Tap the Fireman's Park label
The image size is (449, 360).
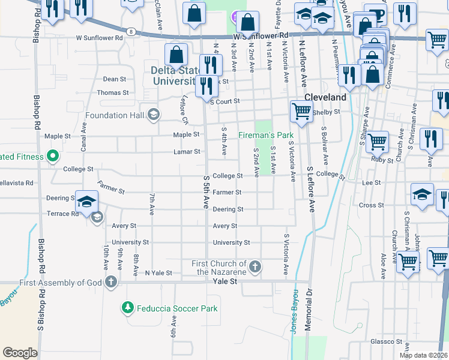coord(267,135)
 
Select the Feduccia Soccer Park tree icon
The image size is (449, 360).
coord(127,308)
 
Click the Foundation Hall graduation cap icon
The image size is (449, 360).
coord(154,115)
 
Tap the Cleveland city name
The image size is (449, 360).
coord(325,97)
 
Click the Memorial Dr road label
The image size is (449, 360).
coord(309,321)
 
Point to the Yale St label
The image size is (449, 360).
coord(224,281)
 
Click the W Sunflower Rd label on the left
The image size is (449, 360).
coord(99,37)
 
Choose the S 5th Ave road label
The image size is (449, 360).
coord(206,191)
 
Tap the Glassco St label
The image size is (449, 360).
coord(387,341)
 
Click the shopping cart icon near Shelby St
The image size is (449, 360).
coord(301,110)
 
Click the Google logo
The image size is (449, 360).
coord(20,353)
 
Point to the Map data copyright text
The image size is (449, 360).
coord(423,355)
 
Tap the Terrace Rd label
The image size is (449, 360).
coord(62,214)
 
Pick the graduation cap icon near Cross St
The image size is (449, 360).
coord(423,194)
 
